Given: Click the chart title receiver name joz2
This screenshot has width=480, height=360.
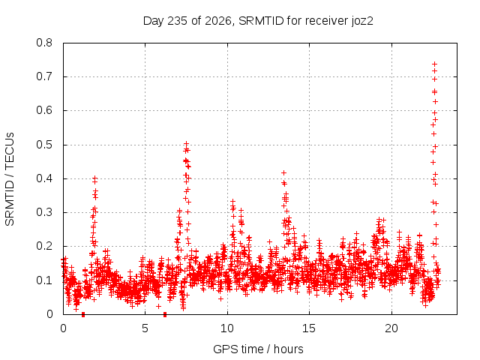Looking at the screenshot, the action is pyautogui.click(x=362, y=21).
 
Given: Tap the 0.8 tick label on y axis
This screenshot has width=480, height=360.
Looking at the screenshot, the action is pyautogui.click(x=44, y=43).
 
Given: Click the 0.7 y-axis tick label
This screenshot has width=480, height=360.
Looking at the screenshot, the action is pyautogui.click(x=44, y=76).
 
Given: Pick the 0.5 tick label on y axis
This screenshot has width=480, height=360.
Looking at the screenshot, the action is pyautogui.click(x=44, y=145).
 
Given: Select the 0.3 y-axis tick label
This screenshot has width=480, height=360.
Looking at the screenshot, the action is pyautogui.click(x=44, y=212).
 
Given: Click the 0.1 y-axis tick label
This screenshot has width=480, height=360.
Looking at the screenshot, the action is pyautogui.click(x=44, y=280).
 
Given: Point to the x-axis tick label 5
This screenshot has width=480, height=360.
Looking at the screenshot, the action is pyautogui.click(x=145, y=328).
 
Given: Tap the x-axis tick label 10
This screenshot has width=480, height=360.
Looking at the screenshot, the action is pyautogui.click(x=227, y=328).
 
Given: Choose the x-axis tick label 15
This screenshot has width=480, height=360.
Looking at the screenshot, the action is pyautogui.click(x=309, y=328).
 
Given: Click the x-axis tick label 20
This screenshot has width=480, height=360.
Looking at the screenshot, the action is pyautogui.click(x=391, y=328).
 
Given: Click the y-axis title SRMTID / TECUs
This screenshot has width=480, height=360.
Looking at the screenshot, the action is pyautogui.click(x=10, y=179).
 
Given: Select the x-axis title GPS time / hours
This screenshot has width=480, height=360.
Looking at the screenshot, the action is pyautogui.click(x=258, y=349).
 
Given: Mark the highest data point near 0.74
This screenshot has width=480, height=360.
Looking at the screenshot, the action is pyautogui.click(x=434, y=64).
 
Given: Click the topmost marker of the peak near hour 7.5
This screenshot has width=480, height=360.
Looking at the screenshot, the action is pyautogui.click(x=186, y=143).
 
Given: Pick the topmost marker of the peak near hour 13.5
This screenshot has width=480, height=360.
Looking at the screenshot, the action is pyautogui.click(x=283, y=173).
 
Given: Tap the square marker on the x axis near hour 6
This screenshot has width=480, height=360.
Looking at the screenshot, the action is pyautogui.click(x=165, y=314).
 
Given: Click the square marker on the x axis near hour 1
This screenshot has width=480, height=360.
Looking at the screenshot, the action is pyautogui.click(x=83, y=314).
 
